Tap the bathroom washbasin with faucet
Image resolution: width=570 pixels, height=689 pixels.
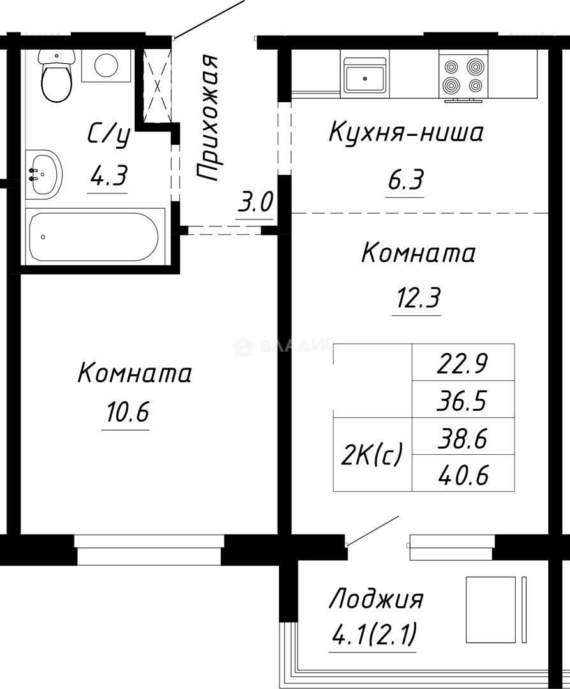pos(44,174)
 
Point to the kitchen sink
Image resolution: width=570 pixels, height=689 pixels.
pos(364,76)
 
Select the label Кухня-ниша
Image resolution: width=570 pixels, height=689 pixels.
pos(406,133)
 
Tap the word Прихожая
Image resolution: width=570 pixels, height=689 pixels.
pos(207,118)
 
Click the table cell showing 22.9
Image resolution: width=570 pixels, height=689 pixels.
pos(463,364)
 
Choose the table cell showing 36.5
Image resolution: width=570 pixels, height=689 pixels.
pos(463,401)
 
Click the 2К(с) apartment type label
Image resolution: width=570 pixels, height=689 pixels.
pos(372,454)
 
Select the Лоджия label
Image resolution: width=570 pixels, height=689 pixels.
pos(376,600)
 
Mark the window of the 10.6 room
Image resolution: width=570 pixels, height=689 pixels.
pos(148,549)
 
